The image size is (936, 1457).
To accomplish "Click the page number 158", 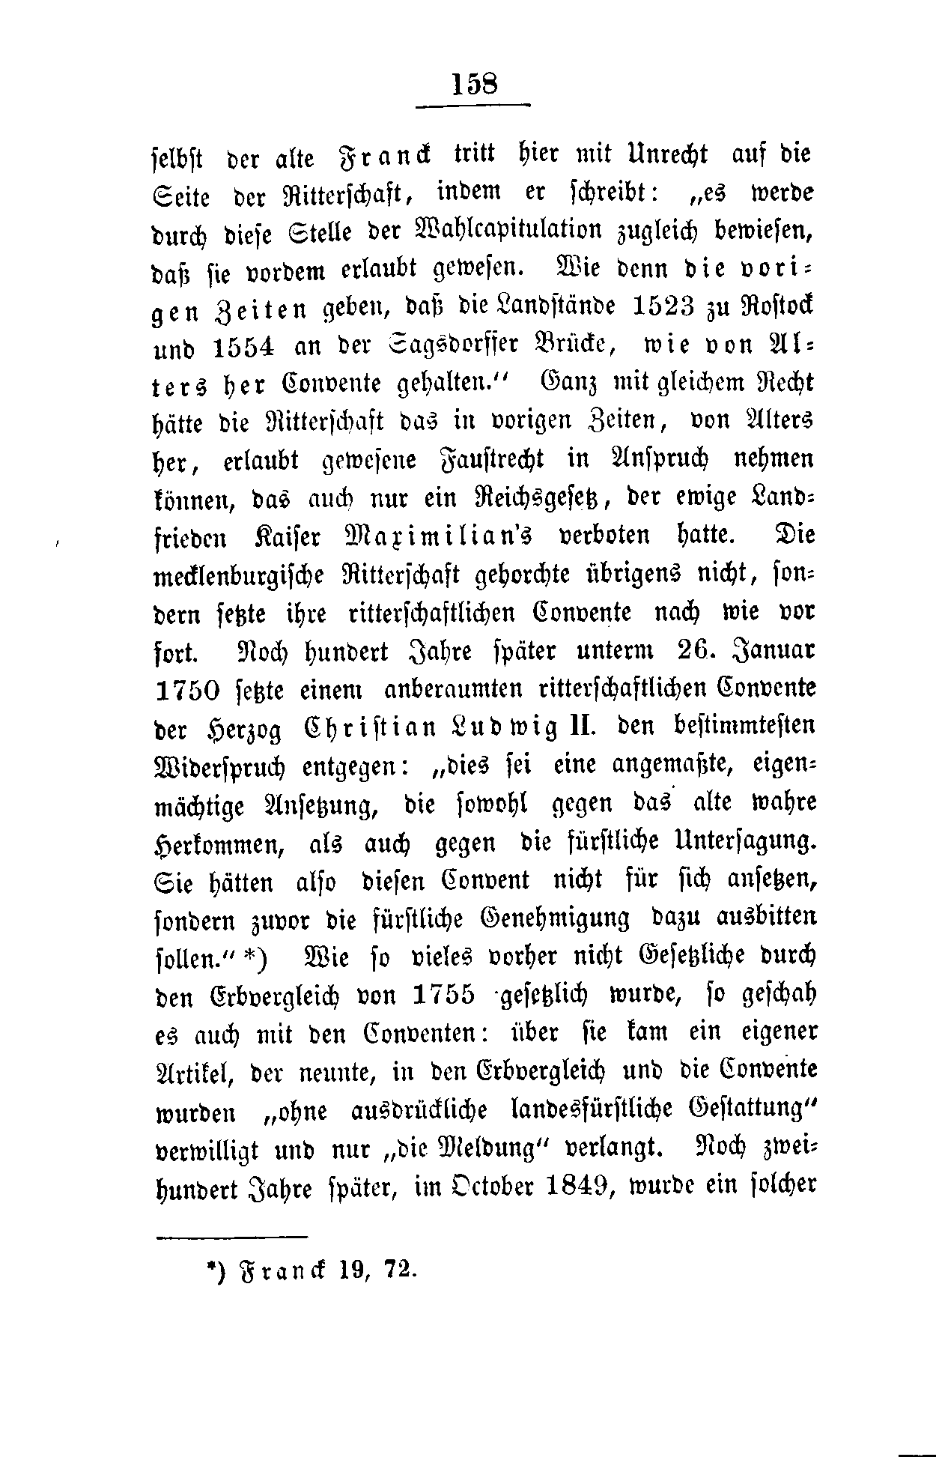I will pyautogui.click(x=474, y=82).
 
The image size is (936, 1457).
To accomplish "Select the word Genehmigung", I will pyautogui.click(x=560, y=918).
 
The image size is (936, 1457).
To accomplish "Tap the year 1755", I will pyautogui.click(x=444, y=995).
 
